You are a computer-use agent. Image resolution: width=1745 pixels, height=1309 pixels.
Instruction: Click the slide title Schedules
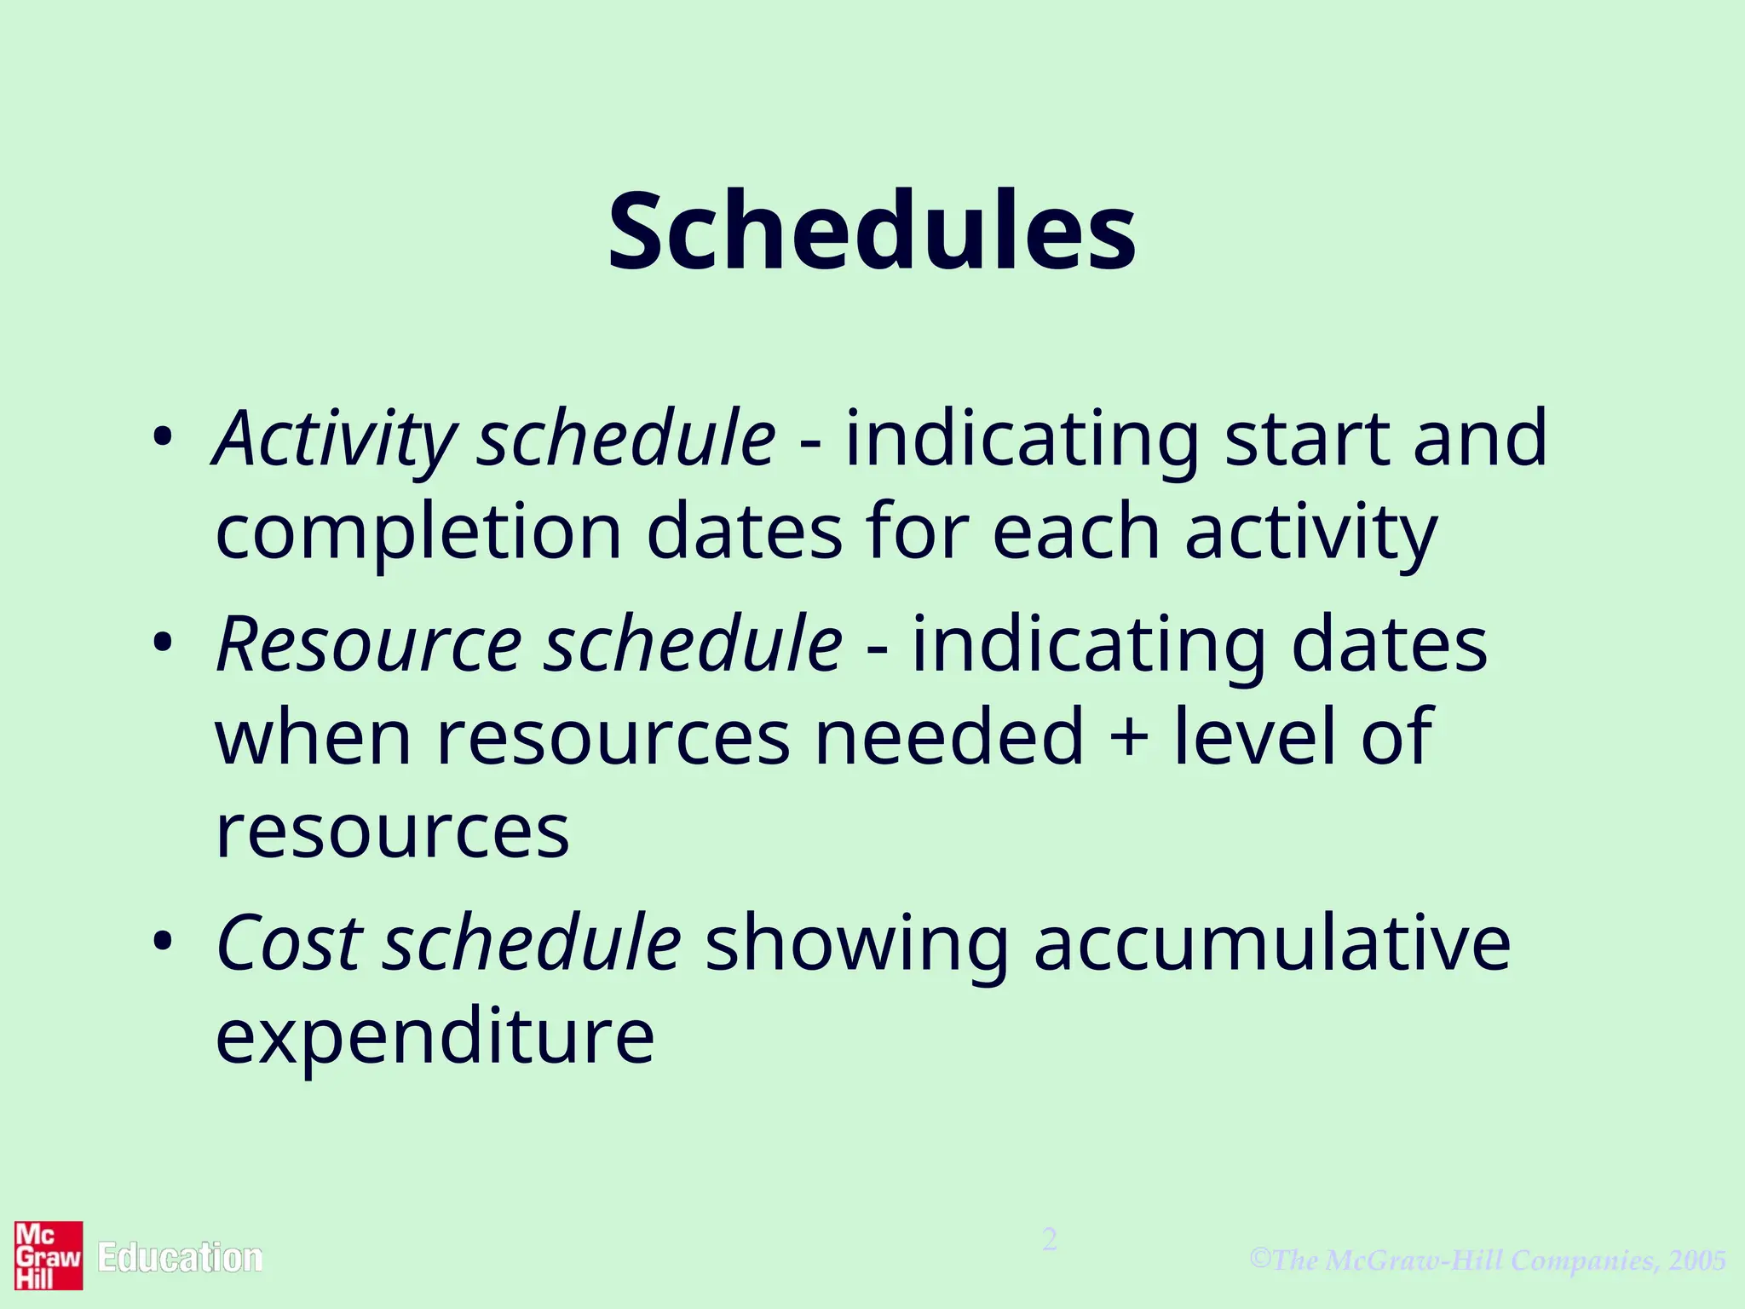(872, 232)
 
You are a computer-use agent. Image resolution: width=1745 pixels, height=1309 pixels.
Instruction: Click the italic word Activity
(335, 440)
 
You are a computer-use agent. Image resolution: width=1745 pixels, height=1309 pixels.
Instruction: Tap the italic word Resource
(369, 644)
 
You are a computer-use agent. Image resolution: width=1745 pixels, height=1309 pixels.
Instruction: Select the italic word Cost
(290, 943)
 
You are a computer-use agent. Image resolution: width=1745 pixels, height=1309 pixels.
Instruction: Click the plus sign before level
(1129, 736)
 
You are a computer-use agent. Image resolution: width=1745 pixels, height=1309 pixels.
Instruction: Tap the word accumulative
(1272, 943)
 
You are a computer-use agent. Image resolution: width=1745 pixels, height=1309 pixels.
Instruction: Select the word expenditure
(435, 1037)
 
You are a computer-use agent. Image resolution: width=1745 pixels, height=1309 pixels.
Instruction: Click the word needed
(949, 736)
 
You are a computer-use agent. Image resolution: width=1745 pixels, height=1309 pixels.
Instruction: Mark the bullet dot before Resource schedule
(163, 643)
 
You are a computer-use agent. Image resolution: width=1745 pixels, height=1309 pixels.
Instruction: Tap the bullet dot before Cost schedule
(163, 941)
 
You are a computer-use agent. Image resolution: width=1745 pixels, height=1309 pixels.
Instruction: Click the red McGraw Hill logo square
(49, 1255)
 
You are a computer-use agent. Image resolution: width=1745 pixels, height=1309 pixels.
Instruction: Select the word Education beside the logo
(180, 1258)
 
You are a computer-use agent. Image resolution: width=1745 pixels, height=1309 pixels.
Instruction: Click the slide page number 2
(1050, 1239)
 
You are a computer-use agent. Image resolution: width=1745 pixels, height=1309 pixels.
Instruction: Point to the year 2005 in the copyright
(1697, 1260)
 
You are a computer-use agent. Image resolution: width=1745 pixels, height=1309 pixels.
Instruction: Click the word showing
(856, 944)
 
